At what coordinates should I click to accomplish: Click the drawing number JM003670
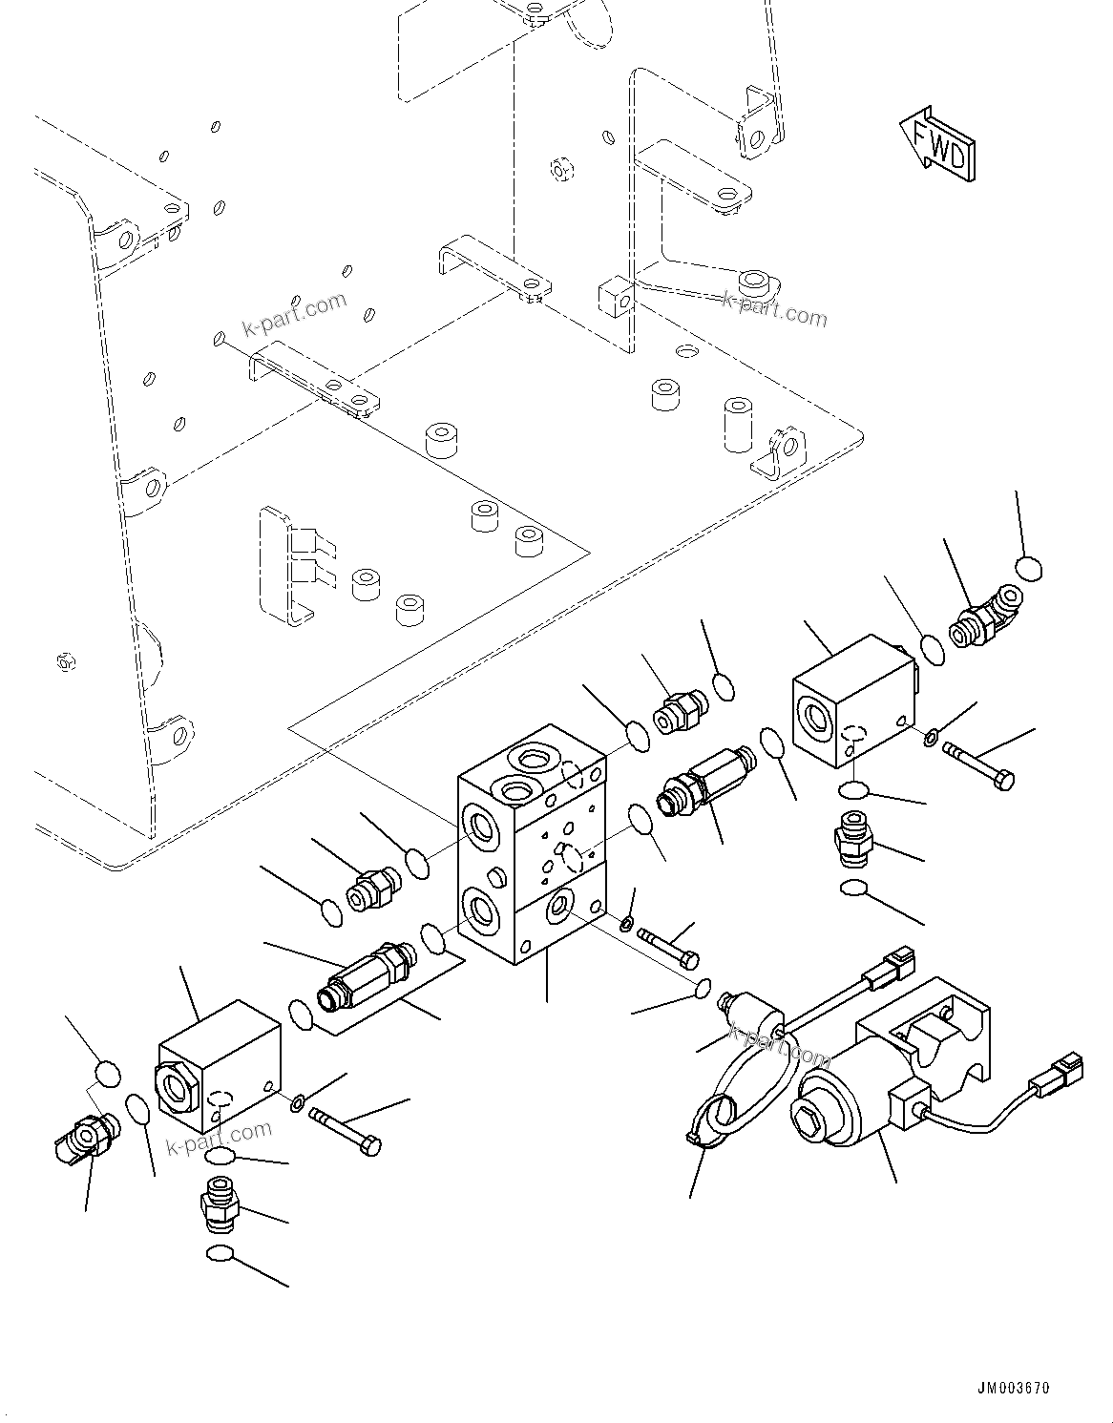click(1013, 1388)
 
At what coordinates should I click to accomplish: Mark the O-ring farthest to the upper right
click(1028, 570)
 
